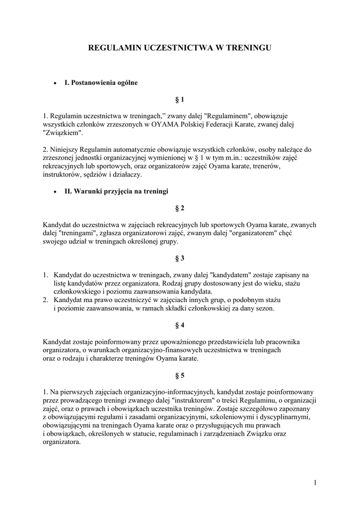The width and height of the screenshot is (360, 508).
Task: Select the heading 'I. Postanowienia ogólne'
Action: click(101, 82)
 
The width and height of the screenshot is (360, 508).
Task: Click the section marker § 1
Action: click(180, 100)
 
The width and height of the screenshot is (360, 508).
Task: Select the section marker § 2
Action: click(180, 208)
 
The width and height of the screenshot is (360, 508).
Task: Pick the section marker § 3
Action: click(180, 258)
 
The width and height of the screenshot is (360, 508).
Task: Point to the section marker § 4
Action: click(180, 325)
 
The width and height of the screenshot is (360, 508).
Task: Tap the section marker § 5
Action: click(180, 375)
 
